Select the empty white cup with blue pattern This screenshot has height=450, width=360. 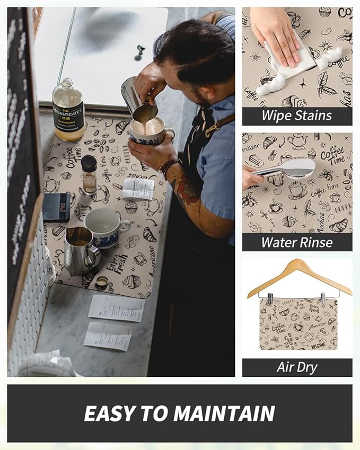104,225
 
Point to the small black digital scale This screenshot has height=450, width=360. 56,207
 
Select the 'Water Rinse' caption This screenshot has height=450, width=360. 297,242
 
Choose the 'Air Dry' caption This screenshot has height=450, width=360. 297,367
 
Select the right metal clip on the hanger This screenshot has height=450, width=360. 323,298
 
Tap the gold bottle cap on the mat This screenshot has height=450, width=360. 101,283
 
